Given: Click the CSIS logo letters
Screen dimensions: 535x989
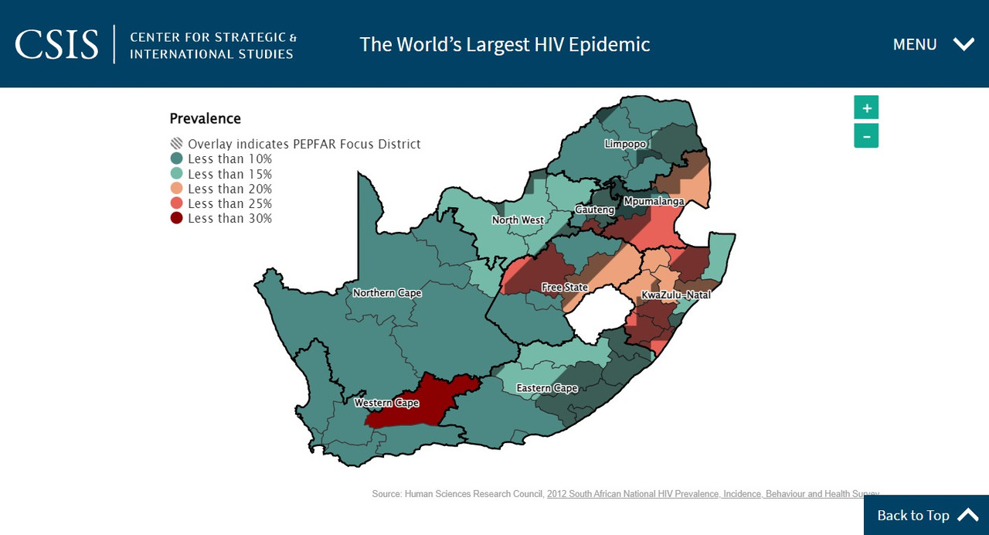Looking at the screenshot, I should [57, 44].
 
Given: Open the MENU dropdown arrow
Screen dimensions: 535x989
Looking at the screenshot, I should [964, 44].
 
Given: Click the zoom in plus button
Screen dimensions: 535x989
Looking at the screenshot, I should [866, 107].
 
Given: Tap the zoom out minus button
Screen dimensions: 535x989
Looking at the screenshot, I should [866, 136].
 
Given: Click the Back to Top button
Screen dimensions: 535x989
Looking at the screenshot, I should [926, 515].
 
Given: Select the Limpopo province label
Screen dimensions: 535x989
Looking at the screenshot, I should [625, 145].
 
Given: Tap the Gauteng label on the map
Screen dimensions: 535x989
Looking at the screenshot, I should [594, 210].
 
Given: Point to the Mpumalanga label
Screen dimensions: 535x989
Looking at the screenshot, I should [654, 201].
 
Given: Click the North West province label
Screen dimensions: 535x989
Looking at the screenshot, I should [518, 220].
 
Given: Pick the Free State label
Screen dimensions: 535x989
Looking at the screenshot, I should [564, 288].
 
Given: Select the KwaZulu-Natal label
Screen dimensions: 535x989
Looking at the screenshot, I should [676, 295].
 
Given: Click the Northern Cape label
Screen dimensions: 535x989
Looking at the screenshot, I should [387, 293].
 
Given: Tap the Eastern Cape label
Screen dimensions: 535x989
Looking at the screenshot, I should [547, 388].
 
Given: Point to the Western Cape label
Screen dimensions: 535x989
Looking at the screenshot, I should [386, 403].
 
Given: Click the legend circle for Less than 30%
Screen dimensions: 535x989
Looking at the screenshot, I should [177, 218].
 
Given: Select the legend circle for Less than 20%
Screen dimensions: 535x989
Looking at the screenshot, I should [177, 189].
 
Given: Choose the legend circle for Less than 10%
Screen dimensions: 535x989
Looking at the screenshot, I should [177, 158].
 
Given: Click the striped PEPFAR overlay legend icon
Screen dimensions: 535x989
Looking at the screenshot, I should [177, 144].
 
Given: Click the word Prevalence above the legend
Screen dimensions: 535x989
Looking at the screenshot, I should [205, 118].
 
